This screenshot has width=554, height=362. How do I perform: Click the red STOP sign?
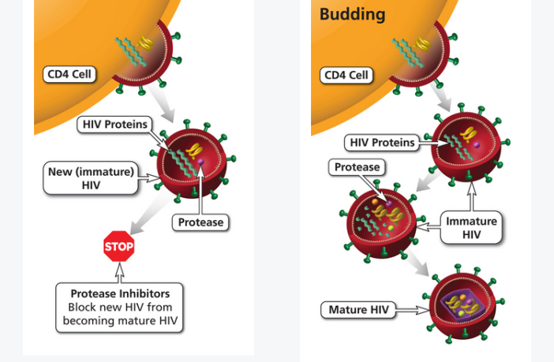(119, 247)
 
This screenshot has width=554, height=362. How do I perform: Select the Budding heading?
(353, 14)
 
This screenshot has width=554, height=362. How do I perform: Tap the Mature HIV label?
(358, 310)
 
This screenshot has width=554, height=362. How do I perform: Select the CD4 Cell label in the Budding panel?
(346, 76)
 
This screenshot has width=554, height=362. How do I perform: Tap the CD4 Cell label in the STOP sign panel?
(69, 75)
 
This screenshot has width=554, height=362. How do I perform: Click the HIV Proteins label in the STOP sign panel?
(115, 125)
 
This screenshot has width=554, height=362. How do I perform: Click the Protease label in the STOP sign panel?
(200, 222)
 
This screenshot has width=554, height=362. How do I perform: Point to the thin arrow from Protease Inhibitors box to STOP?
(119, 272)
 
